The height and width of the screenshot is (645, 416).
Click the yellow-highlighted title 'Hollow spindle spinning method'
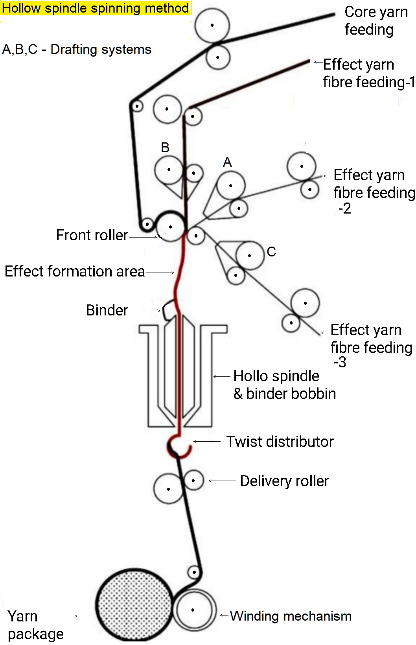click(96, 8)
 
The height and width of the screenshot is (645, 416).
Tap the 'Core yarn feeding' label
click(375, 20)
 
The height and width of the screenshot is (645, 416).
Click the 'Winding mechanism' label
click(291, 616)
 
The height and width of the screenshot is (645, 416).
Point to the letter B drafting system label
click(165, 147)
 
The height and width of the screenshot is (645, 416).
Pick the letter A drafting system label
click(227, 162)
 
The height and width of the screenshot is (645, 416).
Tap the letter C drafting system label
click(271, 252)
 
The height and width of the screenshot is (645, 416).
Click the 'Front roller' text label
click(92, 235)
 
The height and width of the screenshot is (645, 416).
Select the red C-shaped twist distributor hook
click(179, 446)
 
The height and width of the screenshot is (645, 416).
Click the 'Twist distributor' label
click(280, 442)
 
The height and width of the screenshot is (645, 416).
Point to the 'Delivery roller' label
click(284, 481)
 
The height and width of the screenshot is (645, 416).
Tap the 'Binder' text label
click(107, 310)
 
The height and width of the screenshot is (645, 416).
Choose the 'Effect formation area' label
click(75, 271)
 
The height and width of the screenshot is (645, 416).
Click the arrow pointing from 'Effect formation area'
click(160, 272)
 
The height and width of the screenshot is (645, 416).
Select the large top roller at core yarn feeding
click(212, 25)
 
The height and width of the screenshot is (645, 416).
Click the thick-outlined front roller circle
click(171, 227)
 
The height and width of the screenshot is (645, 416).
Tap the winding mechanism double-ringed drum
click(193, 610)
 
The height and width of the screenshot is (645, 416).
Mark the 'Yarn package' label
click(35, 625)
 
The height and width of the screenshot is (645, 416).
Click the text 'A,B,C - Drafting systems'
click(77, 50)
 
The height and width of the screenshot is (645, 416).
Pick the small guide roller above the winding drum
click(194, 571)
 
